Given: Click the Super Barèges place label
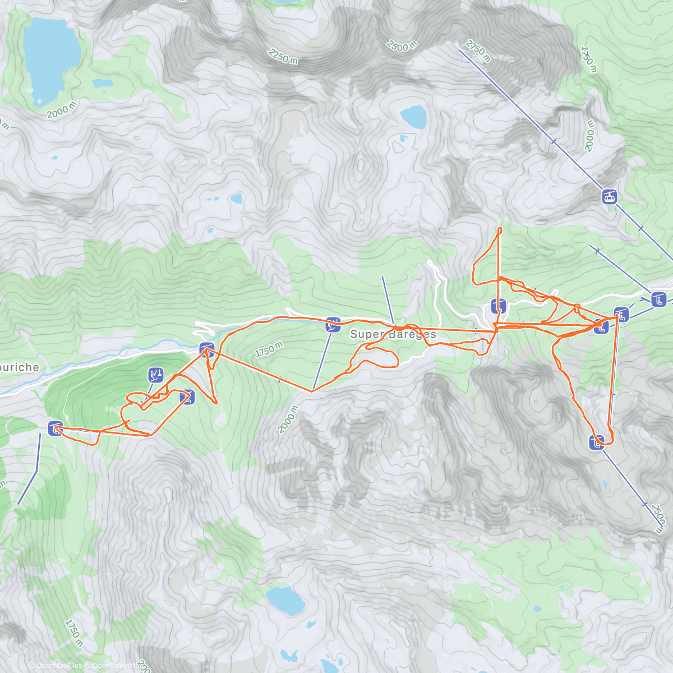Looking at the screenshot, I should [x=393, y=334].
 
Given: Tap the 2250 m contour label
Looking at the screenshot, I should [x=283, y=56].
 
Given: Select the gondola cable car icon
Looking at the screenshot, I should [x=609, y=197].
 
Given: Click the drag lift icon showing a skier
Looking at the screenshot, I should [x=155, y=375].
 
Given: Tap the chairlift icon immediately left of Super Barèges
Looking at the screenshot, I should [x=333, y=324].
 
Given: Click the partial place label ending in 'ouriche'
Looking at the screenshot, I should [x=20, y=368].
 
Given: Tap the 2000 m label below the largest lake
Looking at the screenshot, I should [x=62, y=110].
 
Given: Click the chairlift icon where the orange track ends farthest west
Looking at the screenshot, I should [x=54, y=429].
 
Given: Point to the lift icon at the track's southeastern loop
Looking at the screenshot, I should [x=596, y=442].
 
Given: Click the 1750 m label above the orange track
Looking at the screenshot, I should [x=269, y=350].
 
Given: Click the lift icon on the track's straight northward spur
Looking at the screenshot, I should [x=498, y=306].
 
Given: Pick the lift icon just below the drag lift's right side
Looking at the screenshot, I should [x=187, y=397].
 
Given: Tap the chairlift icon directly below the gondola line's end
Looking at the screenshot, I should [x=659, y=299].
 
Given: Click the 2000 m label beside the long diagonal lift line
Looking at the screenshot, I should [x=589, y=136].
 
